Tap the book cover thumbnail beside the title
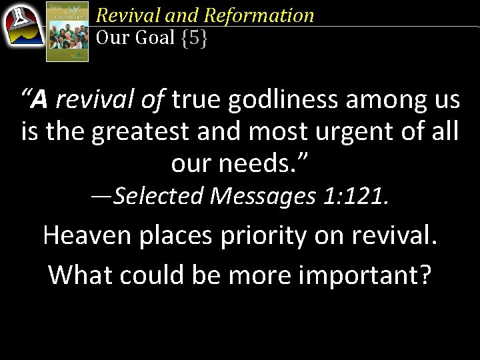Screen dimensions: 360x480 (67, 31)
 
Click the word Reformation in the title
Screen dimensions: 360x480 (259, 15)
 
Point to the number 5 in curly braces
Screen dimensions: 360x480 (194, 38)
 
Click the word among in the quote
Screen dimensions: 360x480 (378, 101)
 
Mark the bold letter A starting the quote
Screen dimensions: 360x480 (40, 101)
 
